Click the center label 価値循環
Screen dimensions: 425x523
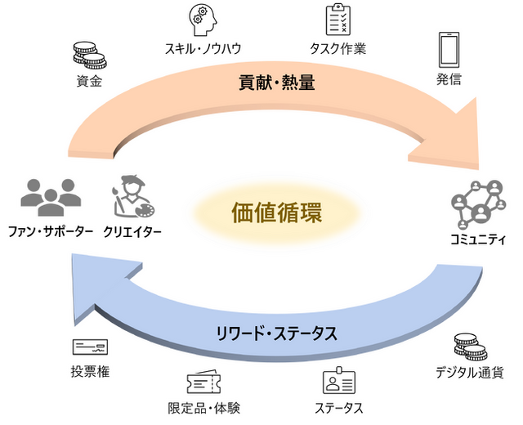pyautogui.click(x=276, y=215)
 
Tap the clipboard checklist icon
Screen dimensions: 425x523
pyautogui.click(x=337, y=19)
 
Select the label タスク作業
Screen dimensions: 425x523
pyautogui.click(x=338, y=49)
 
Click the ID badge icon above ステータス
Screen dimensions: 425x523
pyautogui.click(x=337, y=380)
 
